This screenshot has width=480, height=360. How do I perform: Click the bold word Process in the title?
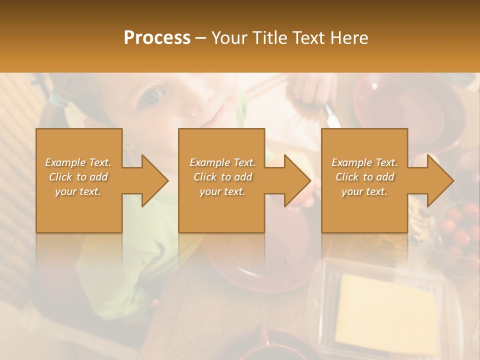[157, 37]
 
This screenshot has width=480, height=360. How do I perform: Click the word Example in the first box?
[65, 162]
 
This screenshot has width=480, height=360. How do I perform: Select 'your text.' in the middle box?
[222, 191]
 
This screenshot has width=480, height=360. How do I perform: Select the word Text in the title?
[309, 37]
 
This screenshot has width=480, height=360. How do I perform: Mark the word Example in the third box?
[351, 162]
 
